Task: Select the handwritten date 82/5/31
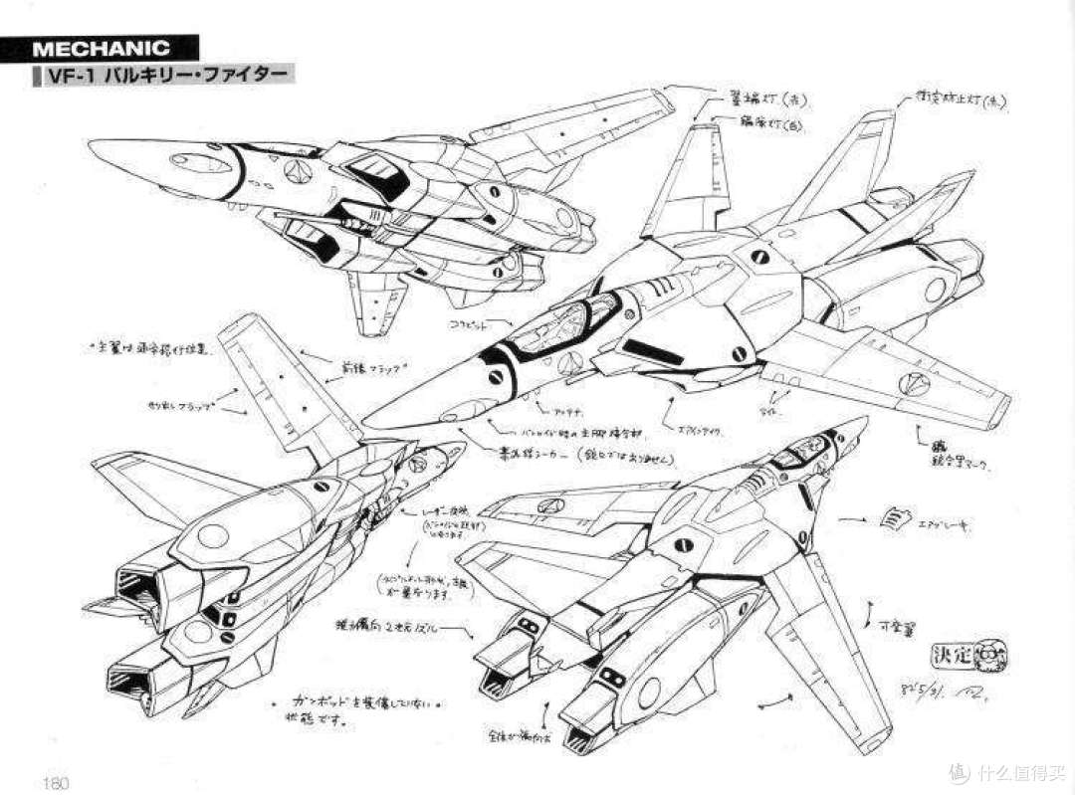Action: pos(927,689)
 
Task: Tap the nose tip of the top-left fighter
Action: pos(96,147)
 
